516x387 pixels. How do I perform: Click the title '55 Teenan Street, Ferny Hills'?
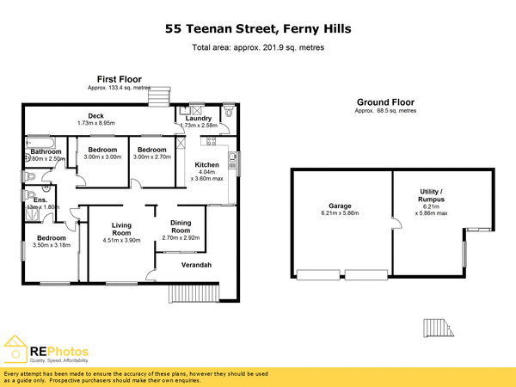(258, 29)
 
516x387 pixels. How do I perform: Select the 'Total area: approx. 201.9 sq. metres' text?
(258, 47)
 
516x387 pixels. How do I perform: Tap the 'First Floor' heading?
(119, 78)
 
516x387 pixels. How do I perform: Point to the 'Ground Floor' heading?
(385, 101)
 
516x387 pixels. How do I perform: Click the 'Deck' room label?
(95, 116)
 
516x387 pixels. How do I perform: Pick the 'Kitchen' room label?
(206, 164)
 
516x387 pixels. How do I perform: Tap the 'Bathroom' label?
(46, 151)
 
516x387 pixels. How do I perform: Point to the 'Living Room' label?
(121, 228)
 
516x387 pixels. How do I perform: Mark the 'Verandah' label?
(196, 264)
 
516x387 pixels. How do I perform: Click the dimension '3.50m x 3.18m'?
(51, 246)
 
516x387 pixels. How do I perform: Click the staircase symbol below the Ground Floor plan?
(436, 329)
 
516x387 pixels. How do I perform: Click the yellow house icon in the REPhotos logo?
(15, 351)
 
